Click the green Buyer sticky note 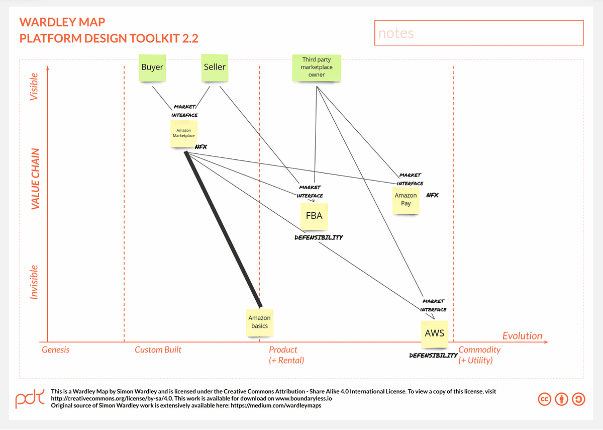point(152,67)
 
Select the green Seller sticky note point(215,67)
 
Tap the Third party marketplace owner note point(317,67)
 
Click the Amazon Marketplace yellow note point(183,133)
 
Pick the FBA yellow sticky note point(314,216)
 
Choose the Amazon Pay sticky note point(406,200)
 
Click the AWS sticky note point(434,333)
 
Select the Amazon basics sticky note point(260,322)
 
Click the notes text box point(478,33)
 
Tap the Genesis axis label point(56,350)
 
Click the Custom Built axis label point(158,350)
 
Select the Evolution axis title point(522,335)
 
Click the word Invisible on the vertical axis point(35,282)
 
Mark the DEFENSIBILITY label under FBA point(319,237)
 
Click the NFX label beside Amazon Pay point(432,195)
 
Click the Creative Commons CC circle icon point(545,399)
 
